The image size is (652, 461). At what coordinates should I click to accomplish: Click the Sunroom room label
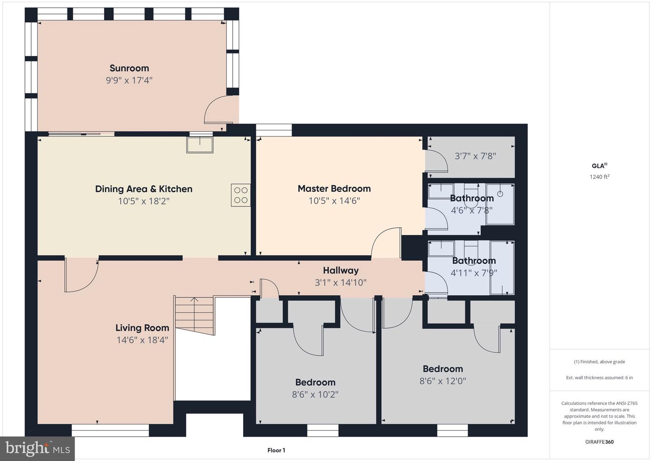129,68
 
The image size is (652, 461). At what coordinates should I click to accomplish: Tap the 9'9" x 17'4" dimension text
129,81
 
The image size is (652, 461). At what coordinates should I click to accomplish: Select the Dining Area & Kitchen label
144,189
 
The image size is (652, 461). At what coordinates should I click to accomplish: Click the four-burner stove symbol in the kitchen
241,195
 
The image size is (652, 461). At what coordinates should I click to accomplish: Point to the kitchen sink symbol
200,145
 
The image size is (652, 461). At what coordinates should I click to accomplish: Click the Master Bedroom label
334,188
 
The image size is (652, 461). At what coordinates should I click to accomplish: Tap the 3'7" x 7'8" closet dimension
475,156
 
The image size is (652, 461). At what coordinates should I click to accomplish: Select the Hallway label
340,270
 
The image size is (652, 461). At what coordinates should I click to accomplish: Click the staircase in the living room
195,316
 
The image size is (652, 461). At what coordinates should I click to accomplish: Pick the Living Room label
142,328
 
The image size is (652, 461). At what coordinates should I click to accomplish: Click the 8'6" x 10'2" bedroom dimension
315,394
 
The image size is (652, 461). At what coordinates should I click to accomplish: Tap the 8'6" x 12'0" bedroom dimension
442,381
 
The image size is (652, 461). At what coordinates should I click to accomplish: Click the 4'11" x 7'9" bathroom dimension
474,273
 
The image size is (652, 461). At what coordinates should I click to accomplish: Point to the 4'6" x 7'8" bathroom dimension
471,211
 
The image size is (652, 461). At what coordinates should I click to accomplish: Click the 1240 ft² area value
599,177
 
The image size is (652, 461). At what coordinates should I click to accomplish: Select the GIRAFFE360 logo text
599,442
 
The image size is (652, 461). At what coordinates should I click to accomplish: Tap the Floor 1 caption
276,450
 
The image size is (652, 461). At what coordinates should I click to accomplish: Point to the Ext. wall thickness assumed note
599,378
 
